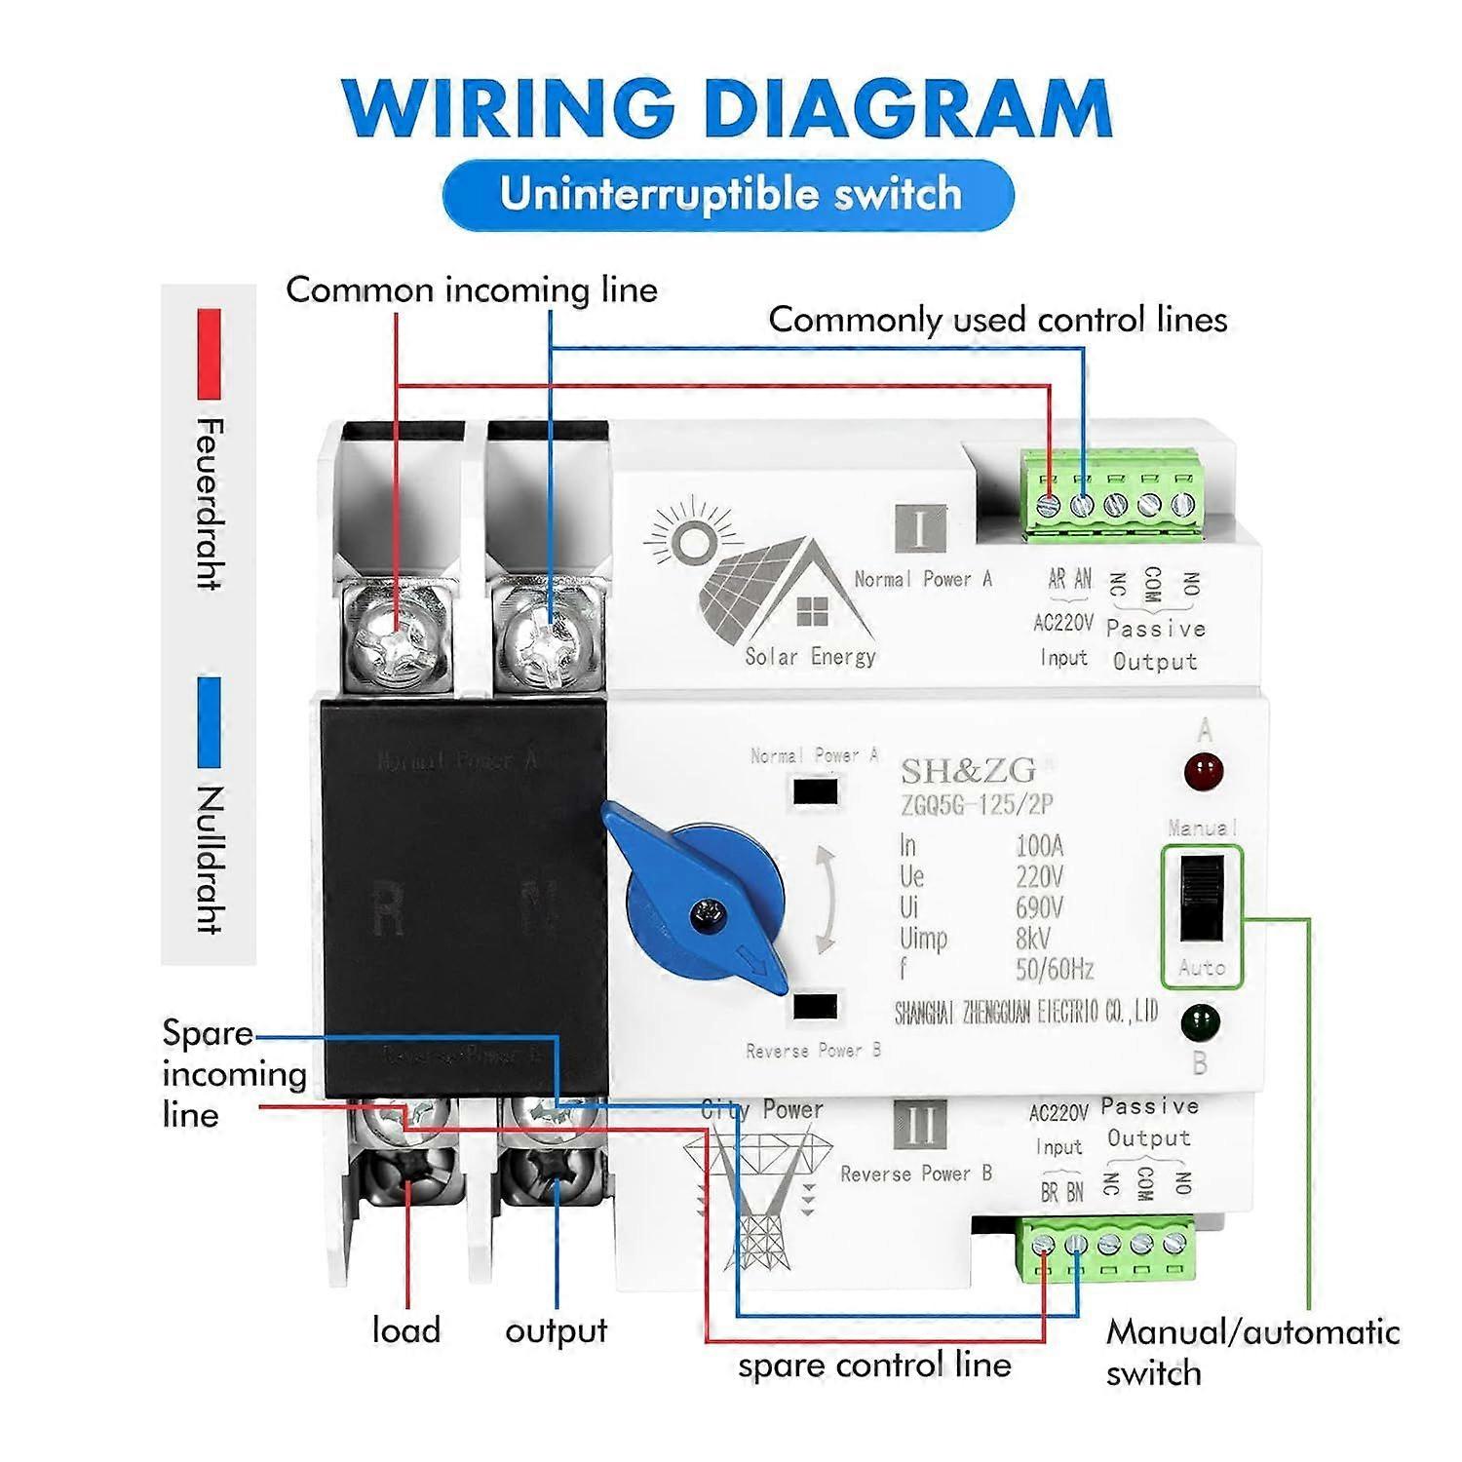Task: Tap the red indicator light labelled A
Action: (1204, 772)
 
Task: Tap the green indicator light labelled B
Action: (1200, 1023)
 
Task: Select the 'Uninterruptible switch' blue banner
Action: (729, 195)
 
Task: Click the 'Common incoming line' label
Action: (472, 290)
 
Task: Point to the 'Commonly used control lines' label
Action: (997, 320)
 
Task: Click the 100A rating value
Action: (1039, 845)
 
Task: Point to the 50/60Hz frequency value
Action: (1054, 970)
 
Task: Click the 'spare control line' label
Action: (874, 1365)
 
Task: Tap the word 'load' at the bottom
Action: (406, 1330)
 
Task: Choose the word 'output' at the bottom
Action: (556, 1330)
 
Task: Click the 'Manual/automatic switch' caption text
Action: (1251, 1352)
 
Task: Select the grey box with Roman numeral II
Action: (920, 1125)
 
